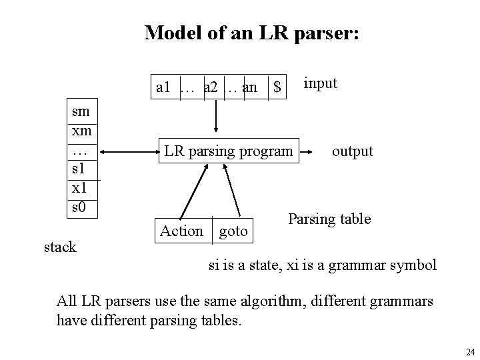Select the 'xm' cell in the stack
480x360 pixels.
[x=81, y=131]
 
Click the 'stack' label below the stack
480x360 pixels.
[x=60, y=247]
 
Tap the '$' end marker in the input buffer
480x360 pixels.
[x=277, y=87]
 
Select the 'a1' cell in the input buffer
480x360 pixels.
[x=164, y=87]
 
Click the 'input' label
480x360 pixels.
[x=321, y=83]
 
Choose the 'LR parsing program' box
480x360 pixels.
[x=228, y=151]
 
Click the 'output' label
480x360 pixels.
[x=353, y=151]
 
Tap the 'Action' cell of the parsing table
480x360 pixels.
[x=181, y=231]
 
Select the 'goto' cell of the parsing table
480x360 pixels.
[x=233, y=231]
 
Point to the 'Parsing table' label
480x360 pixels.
[x=329, y=219]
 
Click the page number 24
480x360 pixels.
[x=470, y=352]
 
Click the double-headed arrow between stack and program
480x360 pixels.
[x=129, y=152]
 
